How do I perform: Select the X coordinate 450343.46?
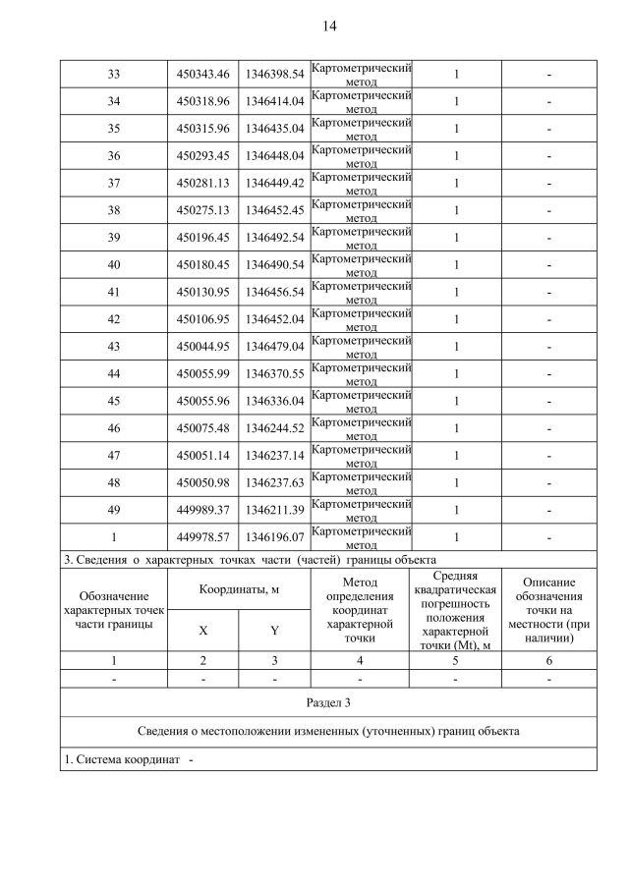pos(202,75)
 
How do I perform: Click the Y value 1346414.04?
pos(274,101)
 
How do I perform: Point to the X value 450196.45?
pos(202,238)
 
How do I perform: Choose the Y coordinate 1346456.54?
pos(274,293)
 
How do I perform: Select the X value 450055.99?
pos(202,374)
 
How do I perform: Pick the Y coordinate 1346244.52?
pos(274,428)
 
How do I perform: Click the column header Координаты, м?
pos(239,589)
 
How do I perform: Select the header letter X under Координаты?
pos(202,631)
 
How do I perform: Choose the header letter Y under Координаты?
pos(274,631)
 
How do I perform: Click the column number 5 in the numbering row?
pos(455,659)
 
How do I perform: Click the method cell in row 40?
pos(361,265)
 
